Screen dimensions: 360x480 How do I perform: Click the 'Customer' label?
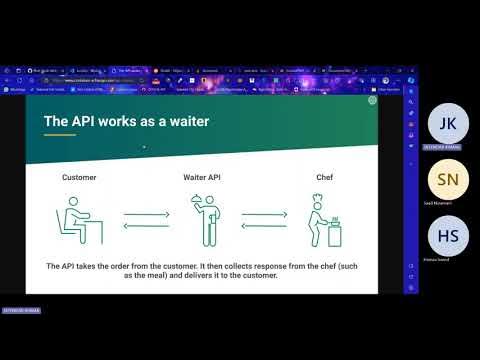pyautogui.click(x=79, y=177)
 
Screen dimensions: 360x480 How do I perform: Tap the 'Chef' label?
pyautogui.click(x=324, y=177)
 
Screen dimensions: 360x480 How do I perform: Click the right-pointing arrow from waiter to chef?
pyautogui.click(x=264, y=212)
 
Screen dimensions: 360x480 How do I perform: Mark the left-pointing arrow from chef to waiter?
pyautogui.click(x=264, y=226)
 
